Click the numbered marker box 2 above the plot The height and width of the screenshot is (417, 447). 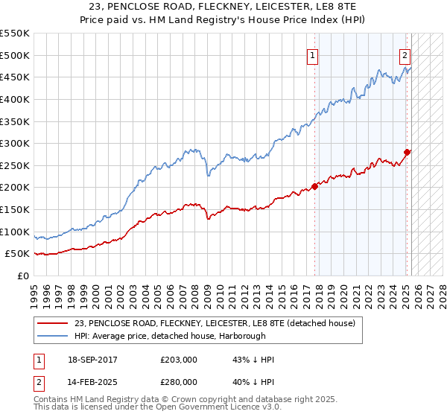(405, 54)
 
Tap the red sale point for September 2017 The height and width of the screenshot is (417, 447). (314, 186)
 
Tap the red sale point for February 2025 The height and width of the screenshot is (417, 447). (407, 152)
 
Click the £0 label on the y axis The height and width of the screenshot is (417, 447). (24, 276)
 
